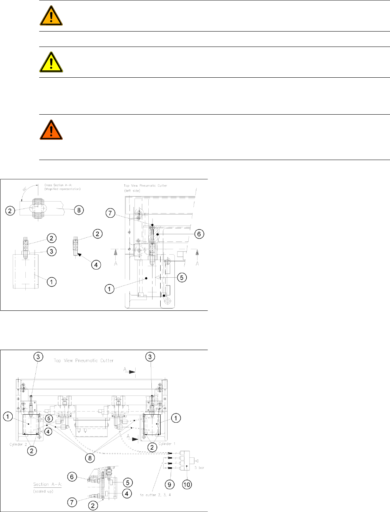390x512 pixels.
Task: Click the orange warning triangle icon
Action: [51, 16]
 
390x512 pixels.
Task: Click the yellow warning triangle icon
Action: [51, 62]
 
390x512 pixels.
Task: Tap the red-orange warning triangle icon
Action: [51, 130]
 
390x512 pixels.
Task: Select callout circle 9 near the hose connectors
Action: [170, 484]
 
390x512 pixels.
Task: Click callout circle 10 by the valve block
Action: [187, 484]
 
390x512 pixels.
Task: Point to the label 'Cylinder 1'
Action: [165, 444]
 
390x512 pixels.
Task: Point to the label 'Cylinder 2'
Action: [16, 444]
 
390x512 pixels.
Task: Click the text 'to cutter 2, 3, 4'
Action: [155, 495]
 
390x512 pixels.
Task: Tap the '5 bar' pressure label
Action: [199, 468]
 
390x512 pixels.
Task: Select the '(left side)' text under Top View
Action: [133, 190]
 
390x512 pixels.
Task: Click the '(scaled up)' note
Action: [43, 491]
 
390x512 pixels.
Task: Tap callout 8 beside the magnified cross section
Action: [79, 210]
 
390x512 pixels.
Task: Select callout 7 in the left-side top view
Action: [111, 213]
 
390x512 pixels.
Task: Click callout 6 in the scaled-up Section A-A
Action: [72, 477]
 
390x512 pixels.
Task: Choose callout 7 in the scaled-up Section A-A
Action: [72, 502]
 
